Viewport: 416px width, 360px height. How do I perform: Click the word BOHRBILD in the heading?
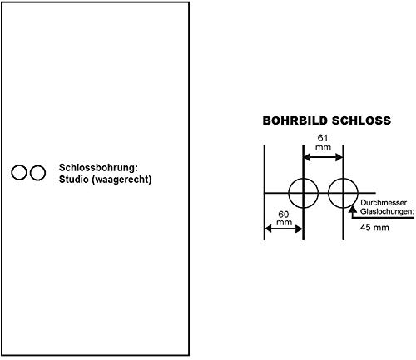coord(295,121)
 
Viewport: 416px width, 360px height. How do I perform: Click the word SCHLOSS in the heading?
coord(361,121)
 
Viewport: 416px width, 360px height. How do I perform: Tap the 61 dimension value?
coord(323,138)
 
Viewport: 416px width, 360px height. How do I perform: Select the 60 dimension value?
coord(284,215)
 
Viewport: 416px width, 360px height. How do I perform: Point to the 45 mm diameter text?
coord(374,228)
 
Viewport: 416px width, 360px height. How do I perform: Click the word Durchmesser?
coord(384,203)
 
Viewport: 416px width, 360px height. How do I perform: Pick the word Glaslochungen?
coord(386,211)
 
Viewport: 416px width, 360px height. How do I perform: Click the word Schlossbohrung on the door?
coord(97,168)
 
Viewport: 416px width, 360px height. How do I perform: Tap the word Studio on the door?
coord(74,180)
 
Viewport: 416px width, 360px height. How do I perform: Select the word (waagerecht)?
coord(121,180)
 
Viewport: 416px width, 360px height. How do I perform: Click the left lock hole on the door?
coord(19,172)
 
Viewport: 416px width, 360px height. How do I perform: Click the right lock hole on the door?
coord(37,173)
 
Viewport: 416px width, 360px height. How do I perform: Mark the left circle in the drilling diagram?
coord(289,193)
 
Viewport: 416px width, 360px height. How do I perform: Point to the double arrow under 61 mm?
coord(324,158)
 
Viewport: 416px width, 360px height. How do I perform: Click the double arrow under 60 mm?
coord(284,229)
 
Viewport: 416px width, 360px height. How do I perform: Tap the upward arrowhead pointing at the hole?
coord(353,209)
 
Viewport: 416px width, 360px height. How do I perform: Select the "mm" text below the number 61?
coord(324,147)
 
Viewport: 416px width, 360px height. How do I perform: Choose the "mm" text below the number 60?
coord(284,222)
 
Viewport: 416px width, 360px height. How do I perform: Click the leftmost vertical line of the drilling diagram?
coord(265,193)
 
